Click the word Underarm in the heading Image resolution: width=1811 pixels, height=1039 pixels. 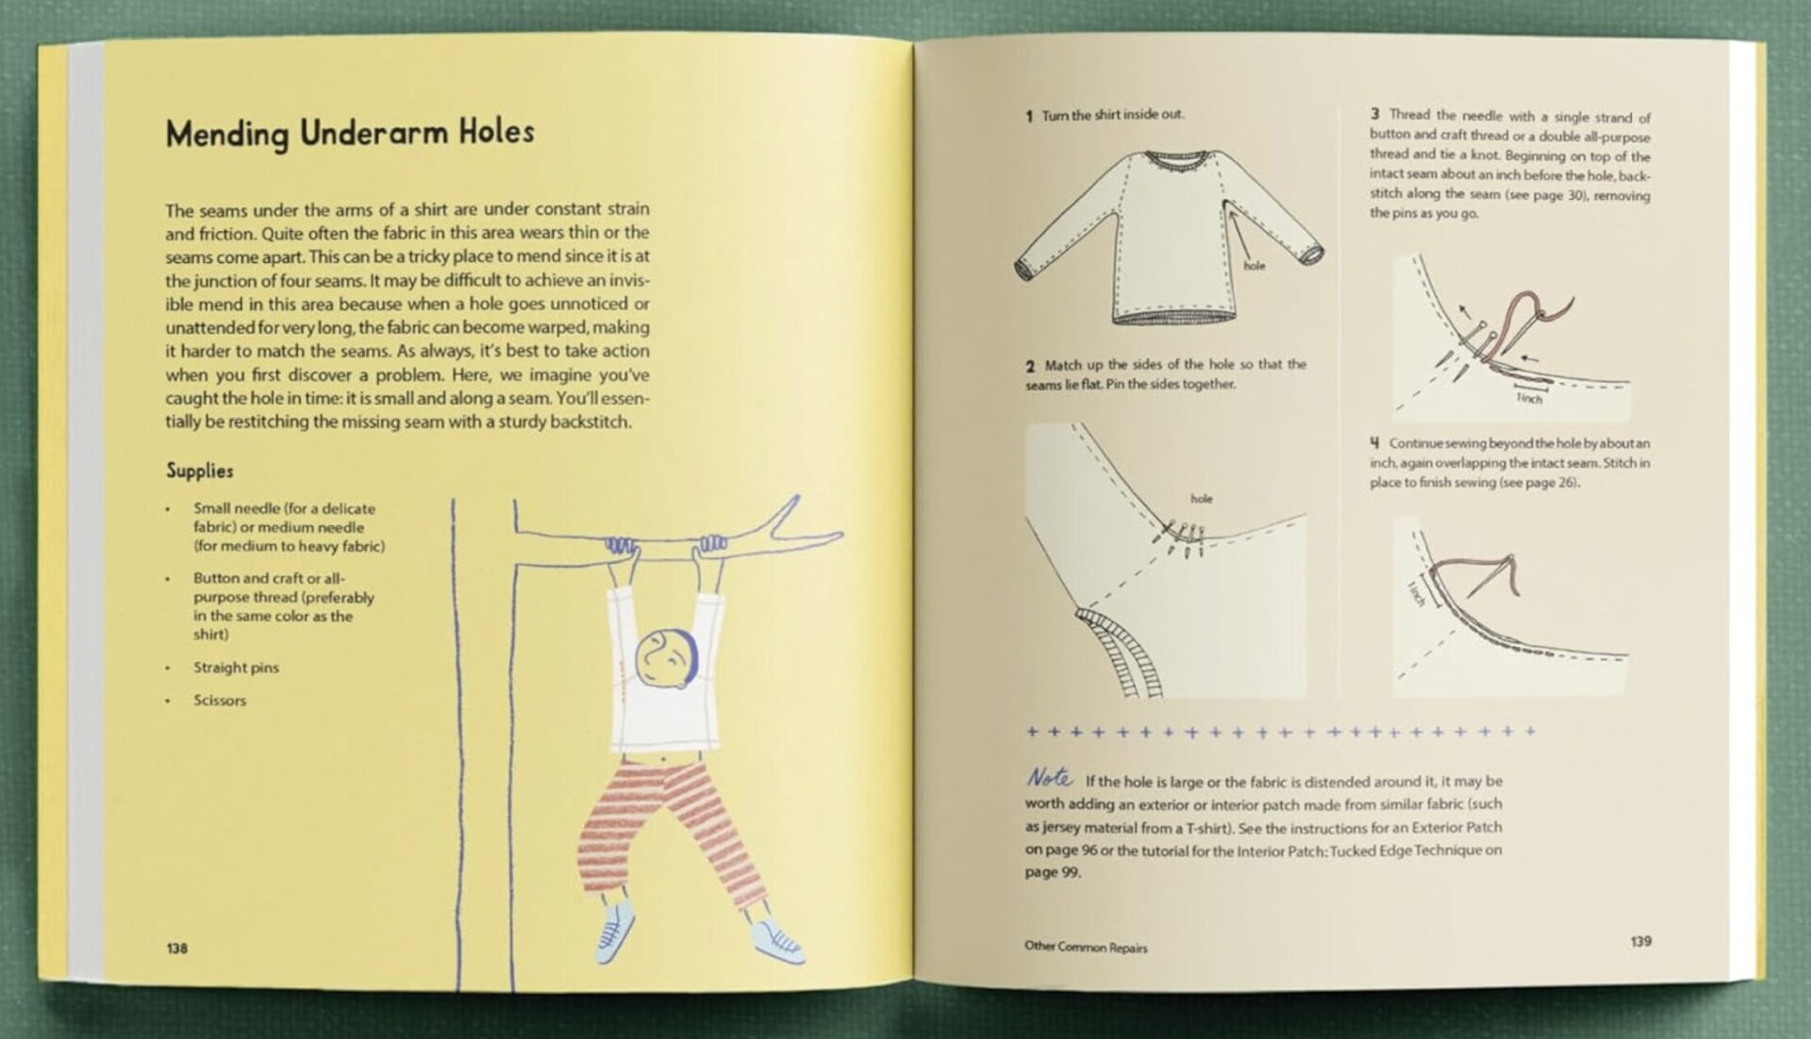374,133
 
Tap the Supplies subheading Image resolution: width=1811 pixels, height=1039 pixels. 199,470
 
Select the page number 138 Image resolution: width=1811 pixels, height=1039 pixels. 177,948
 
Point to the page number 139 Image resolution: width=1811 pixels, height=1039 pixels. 1640,941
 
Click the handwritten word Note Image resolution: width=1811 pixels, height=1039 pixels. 1049,778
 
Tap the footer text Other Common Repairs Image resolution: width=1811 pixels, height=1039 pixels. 1086,947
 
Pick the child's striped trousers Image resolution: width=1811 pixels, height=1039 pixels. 665,820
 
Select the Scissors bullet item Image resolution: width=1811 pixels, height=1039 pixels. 220,701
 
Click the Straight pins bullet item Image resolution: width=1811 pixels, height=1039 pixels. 236,668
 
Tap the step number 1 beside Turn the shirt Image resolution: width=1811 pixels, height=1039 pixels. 1029,116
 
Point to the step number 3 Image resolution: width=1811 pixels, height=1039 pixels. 1375,114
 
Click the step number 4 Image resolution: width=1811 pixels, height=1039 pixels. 1375,442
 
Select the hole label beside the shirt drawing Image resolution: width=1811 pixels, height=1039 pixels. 1254,266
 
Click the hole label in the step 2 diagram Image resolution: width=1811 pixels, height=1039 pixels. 1201,499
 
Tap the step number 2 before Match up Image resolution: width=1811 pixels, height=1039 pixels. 1030,366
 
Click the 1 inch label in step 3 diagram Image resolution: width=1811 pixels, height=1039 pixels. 1529,398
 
